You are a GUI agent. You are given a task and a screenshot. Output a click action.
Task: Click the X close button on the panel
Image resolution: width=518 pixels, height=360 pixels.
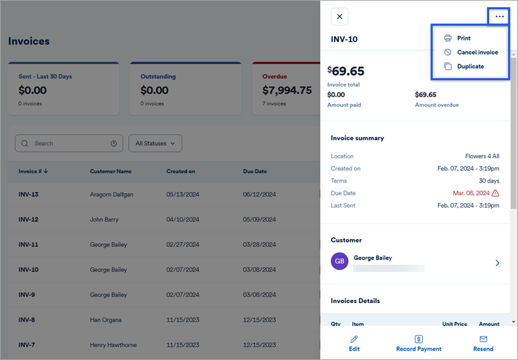coord(339,16)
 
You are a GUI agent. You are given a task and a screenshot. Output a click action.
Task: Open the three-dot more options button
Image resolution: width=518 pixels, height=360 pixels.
coord(500,16)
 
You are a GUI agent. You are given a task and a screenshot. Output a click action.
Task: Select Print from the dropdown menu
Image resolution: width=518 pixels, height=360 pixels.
coord(464,38)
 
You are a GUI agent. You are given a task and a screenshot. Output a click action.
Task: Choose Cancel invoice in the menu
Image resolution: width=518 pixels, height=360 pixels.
coord(477,53)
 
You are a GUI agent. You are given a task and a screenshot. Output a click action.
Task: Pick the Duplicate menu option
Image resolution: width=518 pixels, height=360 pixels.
coord(470,66)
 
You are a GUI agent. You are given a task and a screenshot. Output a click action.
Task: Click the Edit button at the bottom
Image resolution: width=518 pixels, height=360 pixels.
coord(355,343)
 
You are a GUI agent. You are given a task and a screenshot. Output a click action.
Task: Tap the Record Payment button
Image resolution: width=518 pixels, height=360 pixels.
coord(419,343)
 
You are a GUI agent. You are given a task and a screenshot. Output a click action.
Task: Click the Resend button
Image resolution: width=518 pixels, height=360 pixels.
coord(483,343)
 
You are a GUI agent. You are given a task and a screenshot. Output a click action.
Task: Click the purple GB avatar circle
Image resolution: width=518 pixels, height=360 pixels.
coord(339,261)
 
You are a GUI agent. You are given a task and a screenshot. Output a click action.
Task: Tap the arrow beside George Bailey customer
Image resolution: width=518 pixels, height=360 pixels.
coord(497,263)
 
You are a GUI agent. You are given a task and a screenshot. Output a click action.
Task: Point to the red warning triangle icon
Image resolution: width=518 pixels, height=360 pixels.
coord(495,193)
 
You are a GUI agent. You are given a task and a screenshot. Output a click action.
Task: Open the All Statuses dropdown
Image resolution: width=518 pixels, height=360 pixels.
coord(155,143)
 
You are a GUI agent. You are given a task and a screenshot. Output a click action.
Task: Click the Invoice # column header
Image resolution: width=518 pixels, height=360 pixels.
coord(33,171)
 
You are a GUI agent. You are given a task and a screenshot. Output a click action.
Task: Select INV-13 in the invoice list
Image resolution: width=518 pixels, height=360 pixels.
coord(28,194)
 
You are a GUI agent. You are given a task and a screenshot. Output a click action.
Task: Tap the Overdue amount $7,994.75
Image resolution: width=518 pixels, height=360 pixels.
coord(287,91)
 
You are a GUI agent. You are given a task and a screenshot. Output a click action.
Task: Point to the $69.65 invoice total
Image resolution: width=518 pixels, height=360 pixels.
coord(346,71)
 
